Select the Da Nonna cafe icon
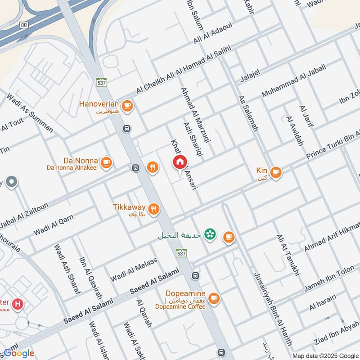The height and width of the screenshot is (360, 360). [x=106, y=162]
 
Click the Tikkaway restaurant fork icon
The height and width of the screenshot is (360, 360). [x=154, y=208]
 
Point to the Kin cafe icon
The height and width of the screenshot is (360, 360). [x=275, y=171]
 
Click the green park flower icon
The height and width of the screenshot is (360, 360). [x=209, y=234]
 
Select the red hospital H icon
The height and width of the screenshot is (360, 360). [x=18, y=304]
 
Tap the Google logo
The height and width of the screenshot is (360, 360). [x=18, y=353]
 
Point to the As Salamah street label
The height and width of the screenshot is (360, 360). [x=248, y=113]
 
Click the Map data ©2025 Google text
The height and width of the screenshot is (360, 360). [x=325, y=356]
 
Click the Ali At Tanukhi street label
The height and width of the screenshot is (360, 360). [x=288, y=255]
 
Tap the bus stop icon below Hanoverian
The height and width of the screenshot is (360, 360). [x=127, y=129]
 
